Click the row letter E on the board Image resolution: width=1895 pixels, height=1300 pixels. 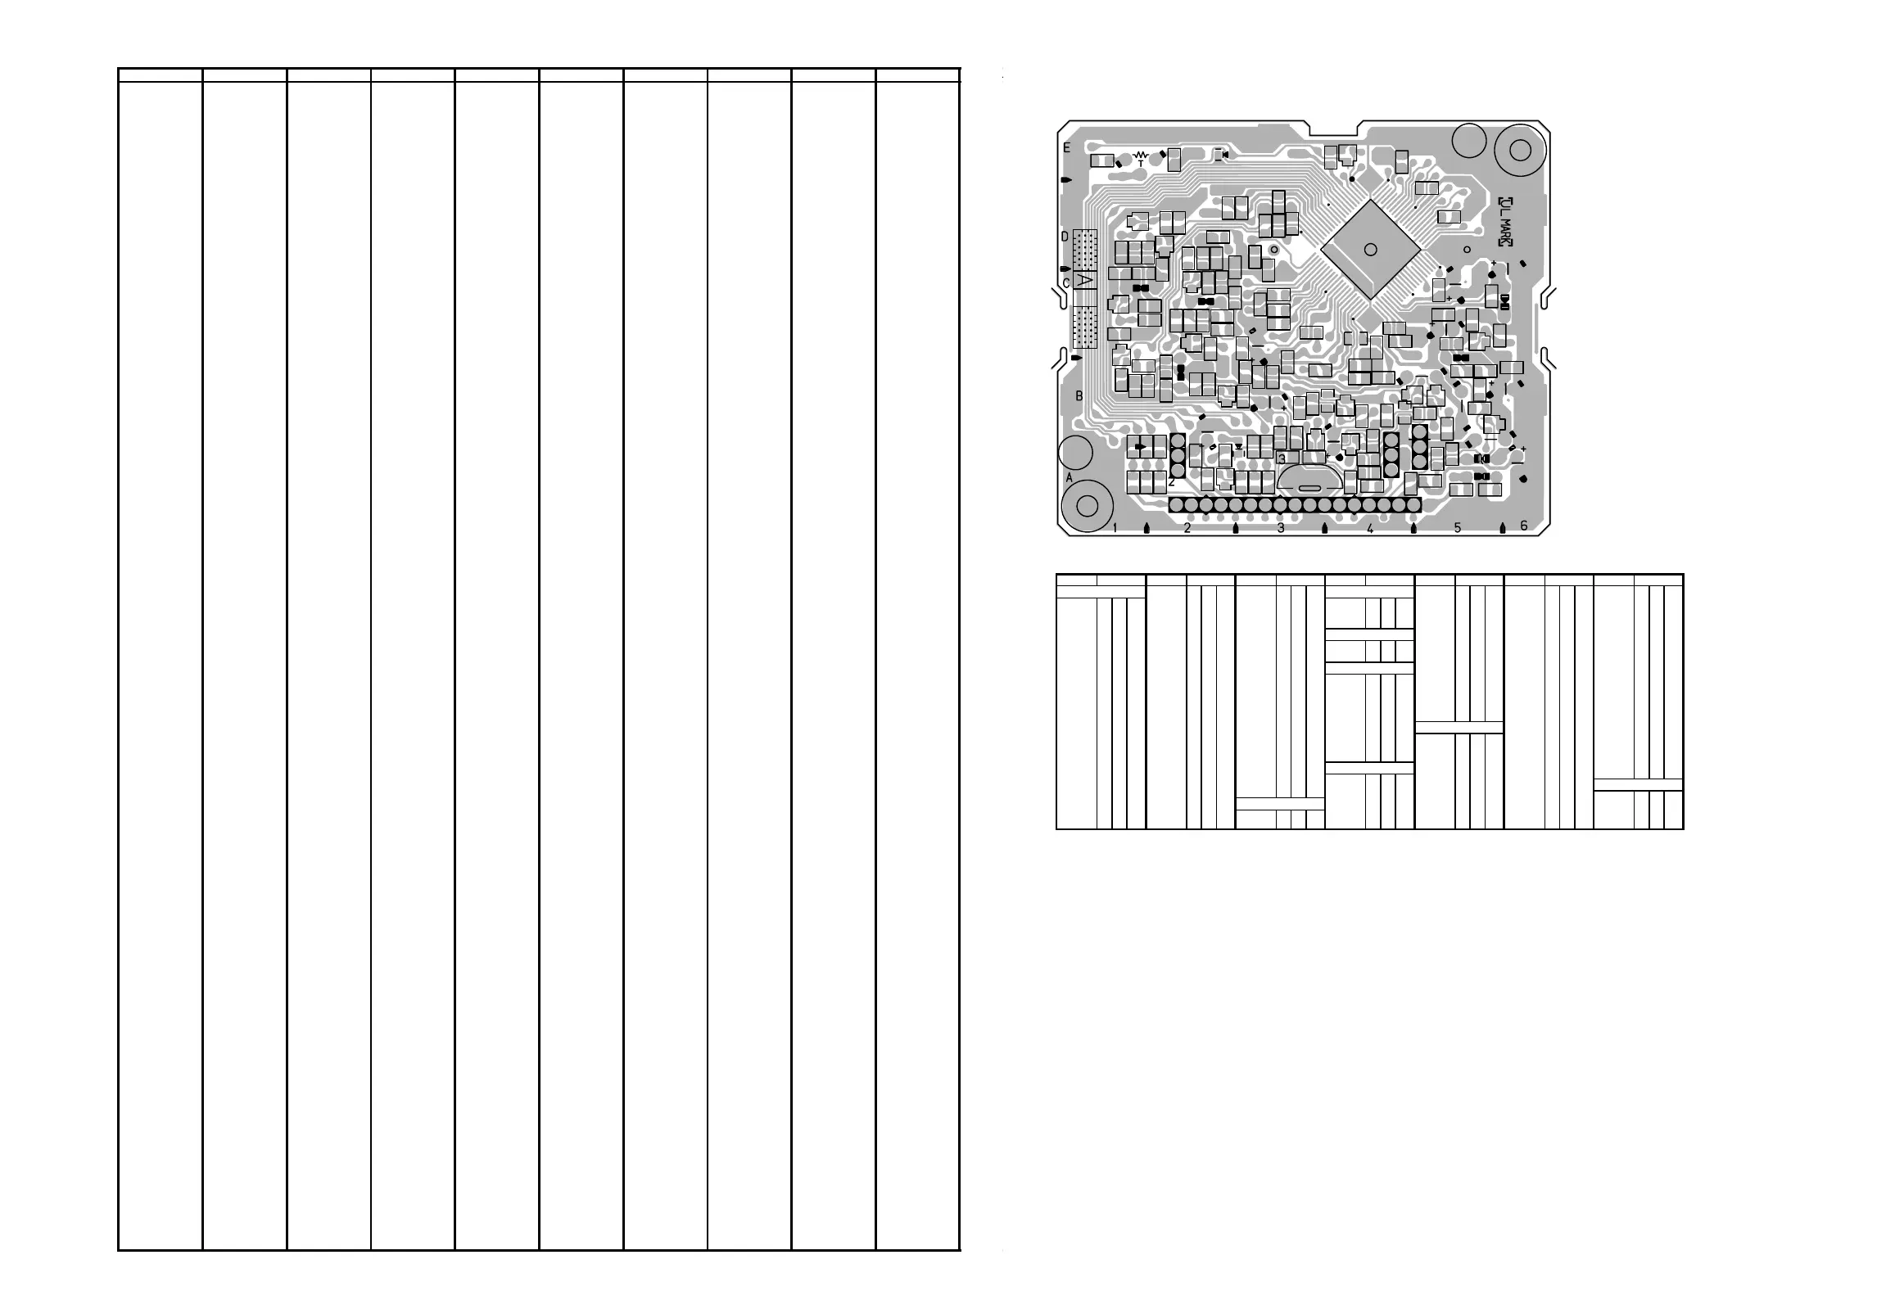(x=1067, y=148)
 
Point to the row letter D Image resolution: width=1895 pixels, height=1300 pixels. (x=1065, y=237)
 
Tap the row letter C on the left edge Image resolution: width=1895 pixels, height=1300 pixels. (x=1065, y=283)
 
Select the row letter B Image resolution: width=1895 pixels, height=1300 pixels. (x=1079, y=396)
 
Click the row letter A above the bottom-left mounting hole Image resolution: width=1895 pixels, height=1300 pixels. (x=1069, y=476)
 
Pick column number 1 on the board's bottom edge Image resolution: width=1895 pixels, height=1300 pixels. (x=1115, y=528)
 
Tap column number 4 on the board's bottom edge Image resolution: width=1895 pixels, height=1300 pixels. (x=1369, y=528)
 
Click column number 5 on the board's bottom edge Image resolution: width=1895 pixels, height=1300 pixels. (x=1457, y=528)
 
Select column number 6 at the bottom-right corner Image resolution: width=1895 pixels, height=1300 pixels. (x=1523, y=526)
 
